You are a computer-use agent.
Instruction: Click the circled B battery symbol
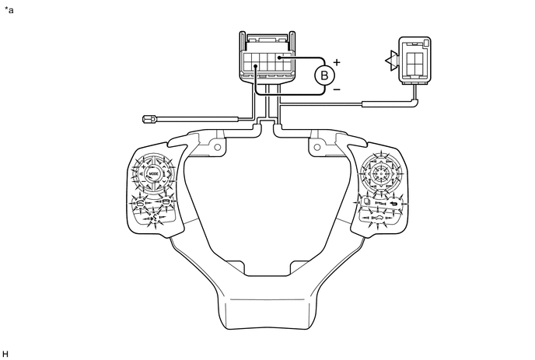[325, 75]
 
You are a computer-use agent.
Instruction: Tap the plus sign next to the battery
[337, 61]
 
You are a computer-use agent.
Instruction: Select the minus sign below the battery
[336, 90]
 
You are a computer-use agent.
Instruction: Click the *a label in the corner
[9, 10]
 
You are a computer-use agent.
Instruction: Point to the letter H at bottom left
[6, 353]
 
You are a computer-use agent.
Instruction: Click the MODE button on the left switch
[152, 173]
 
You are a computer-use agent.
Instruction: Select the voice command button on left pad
[152, 220]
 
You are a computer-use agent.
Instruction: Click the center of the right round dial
[381, 173]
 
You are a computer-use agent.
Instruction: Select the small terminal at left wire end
[151, 119]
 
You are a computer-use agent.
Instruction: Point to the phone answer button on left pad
[138, 203]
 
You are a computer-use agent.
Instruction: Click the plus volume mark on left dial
[152, 159]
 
